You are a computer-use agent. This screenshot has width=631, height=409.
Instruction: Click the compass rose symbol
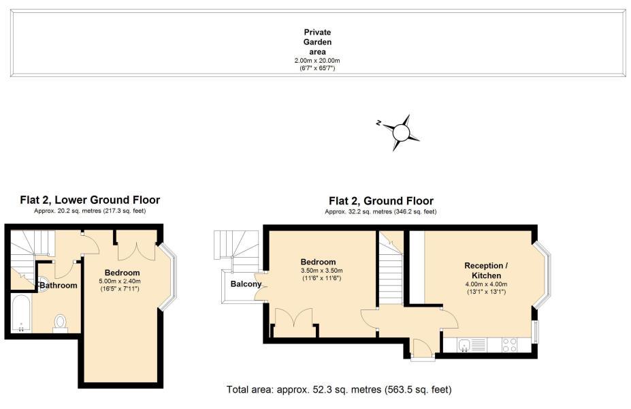pos(401,132)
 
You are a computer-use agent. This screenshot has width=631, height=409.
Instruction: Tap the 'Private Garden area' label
pos(317,42)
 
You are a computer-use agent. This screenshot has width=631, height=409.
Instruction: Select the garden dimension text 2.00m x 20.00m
pos(317,61)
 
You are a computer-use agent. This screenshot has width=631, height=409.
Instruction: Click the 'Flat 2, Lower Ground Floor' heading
pos(90,200)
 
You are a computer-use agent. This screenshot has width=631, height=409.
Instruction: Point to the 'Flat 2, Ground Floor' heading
pos(381,200)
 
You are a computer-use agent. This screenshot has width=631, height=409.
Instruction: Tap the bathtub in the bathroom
pos(20,314)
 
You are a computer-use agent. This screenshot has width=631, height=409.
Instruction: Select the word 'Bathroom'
pos(59,286)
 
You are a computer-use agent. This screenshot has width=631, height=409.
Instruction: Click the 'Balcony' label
pos(246,284)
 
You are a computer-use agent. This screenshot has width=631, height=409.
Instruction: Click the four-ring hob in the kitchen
pos(509,345)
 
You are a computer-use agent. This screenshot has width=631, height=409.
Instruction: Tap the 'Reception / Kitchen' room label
pos(486,271)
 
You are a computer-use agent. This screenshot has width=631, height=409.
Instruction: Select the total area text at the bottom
pos(339,390)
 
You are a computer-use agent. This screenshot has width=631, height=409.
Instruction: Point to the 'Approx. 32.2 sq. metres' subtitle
pos(381,211)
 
